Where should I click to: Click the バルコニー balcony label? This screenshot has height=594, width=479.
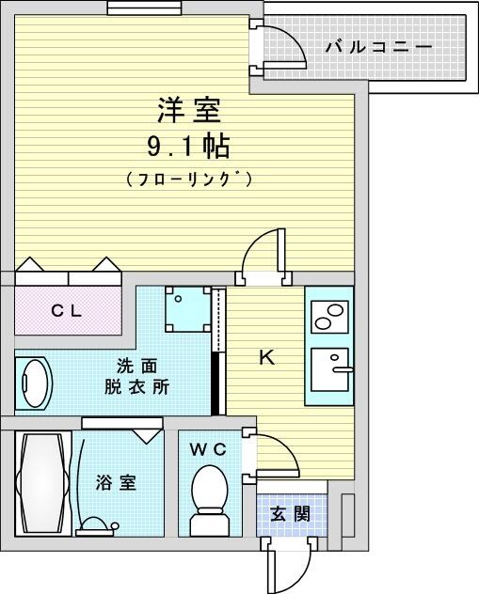click(x=379, y=47)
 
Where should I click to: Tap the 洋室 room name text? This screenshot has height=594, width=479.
click(x=189, y=110)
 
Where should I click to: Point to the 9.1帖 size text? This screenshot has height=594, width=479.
click(x=188, y=147)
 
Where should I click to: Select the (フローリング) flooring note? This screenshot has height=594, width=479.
click(x=188, y=179)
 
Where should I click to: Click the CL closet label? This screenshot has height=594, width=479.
click(x=67, y=311)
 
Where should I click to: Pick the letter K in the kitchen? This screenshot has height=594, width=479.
click(x=267, y=357)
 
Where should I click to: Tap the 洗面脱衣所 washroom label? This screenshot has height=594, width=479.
click(x=136, y=377)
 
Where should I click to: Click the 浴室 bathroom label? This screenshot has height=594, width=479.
click(x=116, y=483)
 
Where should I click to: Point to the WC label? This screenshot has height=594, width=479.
click(x=208, y=449)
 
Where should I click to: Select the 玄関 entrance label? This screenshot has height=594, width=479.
click(x=290, y=514)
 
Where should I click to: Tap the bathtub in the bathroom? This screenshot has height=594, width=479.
click(x=43, y=483)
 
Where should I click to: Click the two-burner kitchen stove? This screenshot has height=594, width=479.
click(x=329, y=317)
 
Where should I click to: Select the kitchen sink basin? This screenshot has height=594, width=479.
click(x=329, y=369)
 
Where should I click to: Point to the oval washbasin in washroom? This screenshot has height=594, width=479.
click(x=33, y=383)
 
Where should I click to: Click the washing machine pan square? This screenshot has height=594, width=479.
click(x=187, y=309)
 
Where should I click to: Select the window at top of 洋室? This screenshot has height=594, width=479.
click(x=144, y=8)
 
